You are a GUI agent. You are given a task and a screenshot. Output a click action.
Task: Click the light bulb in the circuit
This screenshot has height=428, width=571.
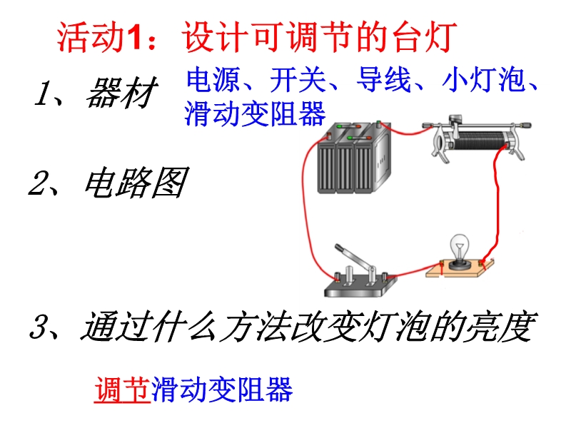[x=460, y=251]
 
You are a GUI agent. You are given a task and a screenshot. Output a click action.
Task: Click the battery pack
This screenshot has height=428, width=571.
[x=354, y=157]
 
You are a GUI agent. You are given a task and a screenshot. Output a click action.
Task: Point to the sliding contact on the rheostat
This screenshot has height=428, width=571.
[x=455, y=123]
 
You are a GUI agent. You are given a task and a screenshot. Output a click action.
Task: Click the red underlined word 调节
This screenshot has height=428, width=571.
[x=122, y=389]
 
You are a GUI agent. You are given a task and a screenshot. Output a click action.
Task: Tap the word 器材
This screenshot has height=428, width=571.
[x=121, y=93]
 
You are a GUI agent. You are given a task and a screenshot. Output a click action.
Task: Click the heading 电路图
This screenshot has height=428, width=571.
[x=136, y=183]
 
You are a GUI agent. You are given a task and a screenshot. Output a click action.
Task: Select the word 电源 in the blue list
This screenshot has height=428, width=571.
[x=213, y=79]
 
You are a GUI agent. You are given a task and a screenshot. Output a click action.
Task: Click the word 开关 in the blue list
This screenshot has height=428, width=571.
[x=298, y=79]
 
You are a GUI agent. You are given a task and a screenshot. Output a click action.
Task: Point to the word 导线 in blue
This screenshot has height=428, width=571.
[x=384, y=79]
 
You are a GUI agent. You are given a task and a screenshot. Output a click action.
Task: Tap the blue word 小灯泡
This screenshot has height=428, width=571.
[x=484, y=79]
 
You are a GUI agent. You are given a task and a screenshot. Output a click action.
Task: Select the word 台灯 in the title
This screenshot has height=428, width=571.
[x=425, y=37]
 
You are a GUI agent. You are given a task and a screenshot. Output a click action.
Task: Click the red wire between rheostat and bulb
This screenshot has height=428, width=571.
[x=497, y=204]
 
